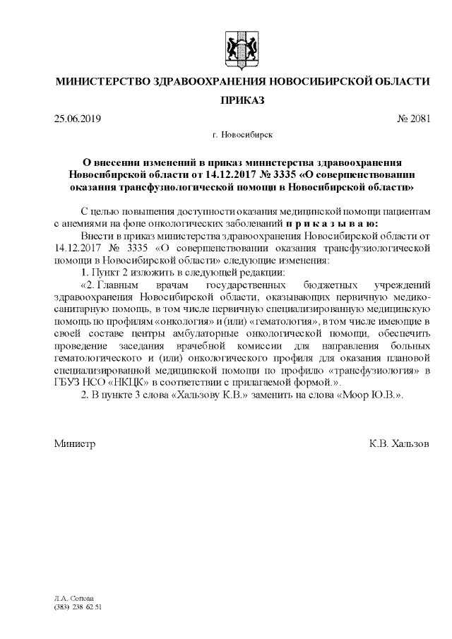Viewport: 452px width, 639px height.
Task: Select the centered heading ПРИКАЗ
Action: tap(242, 101)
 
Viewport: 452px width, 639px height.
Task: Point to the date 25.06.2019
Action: tap(78, 118)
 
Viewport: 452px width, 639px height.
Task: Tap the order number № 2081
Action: tap(413, 118)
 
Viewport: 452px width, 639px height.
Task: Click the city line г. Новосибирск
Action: tap(242, 133)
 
